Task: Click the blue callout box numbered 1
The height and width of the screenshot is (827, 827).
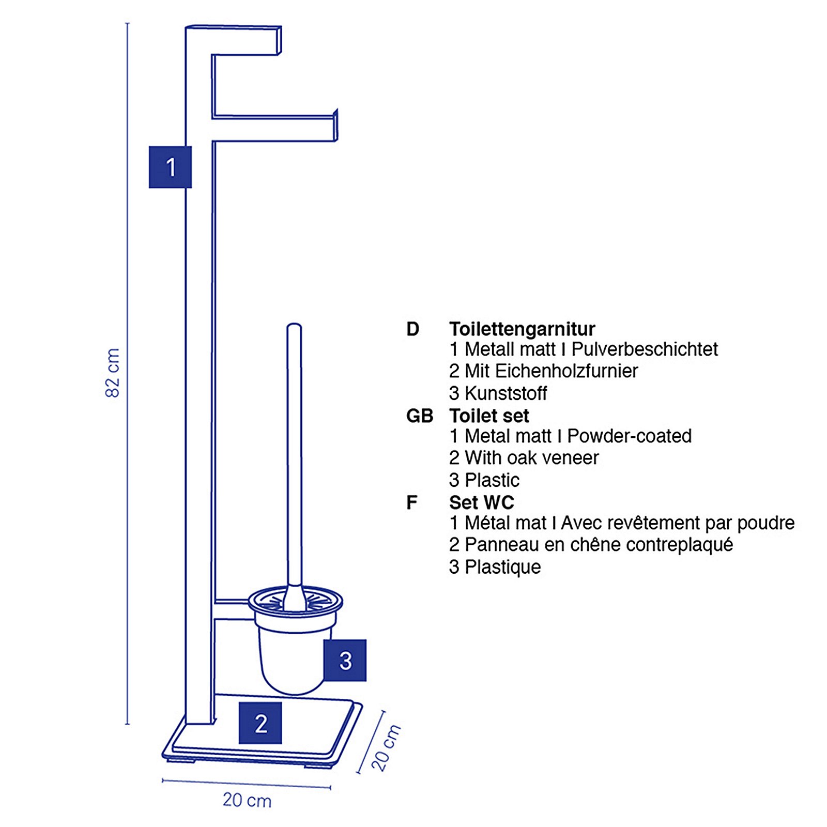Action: [x=170, y=167]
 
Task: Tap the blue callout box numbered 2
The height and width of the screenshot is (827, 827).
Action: [x=260, y=723]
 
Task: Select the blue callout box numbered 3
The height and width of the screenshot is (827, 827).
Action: [x=345, y=660]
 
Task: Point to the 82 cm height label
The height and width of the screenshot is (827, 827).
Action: [x=113, y=373]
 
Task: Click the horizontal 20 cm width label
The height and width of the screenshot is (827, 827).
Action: [x=247, y=800]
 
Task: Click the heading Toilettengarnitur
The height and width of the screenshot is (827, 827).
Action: [x=522, y=329]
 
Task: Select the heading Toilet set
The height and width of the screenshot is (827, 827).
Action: [x=488, y=416]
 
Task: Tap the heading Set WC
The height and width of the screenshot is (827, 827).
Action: [x=481, y=502]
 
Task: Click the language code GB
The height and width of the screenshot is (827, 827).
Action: [x=419, y=416]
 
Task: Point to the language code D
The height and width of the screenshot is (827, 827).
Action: [x=412, y=329]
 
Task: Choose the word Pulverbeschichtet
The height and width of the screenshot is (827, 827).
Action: [x=644, y=349]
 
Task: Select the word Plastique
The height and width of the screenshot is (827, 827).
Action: [x=502, y=567]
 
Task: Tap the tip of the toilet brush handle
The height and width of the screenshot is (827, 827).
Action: [x=294, y=327]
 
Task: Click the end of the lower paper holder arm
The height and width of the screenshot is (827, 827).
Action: [x=335, y=126]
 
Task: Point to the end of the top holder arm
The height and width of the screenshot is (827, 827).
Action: [x=279, y=40]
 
